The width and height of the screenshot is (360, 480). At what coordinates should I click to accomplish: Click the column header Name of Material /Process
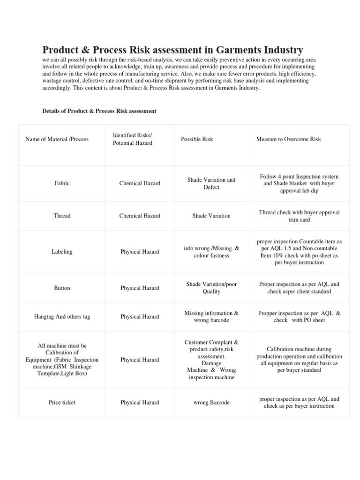[57, 139]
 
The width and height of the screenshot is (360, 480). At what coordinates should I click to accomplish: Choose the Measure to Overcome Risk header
[288, 139]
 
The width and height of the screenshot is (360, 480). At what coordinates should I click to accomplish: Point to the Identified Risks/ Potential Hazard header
[133, 139]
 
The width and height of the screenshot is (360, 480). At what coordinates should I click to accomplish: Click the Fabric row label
[62, 183]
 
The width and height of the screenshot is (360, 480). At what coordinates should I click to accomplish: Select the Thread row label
[62, 216]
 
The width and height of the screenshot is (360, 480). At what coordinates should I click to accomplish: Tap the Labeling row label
[62, 252]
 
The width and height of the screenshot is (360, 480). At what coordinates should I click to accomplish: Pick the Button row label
[62, 288]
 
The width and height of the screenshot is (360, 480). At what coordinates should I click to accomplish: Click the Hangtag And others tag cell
[62, 316]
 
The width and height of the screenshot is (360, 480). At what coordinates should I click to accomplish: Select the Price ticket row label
[62, 403]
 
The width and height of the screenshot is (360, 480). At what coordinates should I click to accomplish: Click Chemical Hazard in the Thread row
[140, 216]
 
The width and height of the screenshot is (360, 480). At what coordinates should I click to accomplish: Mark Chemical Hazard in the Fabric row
[140, 183]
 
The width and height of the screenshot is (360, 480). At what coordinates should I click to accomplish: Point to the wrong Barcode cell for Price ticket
[211, 403]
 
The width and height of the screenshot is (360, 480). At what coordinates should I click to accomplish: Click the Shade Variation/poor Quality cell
[211, 288]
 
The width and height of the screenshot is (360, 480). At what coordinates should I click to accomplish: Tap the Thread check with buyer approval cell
[299, 216]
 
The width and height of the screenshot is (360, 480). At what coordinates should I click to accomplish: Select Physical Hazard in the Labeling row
[140, 252]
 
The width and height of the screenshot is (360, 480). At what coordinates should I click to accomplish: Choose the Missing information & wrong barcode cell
[211, 316]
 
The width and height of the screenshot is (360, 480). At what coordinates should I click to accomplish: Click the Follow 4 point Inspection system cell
[299, 183]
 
